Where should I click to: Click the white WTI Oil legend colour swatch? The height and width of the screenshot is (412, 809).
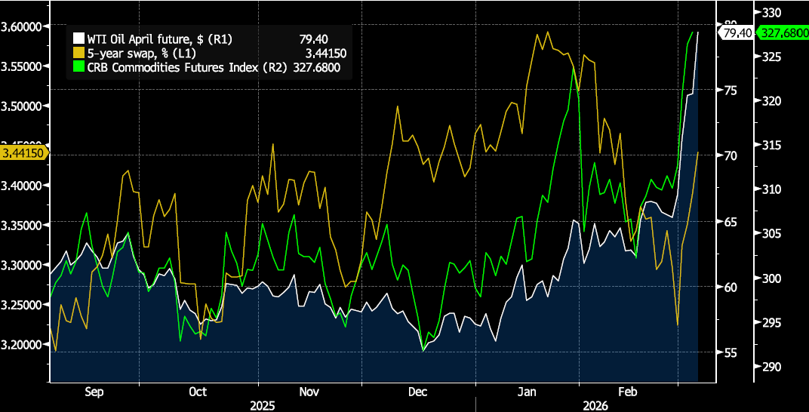click(76, 38)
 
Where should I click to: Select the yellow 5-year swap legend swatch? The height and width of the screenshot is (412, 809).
click(76, 53)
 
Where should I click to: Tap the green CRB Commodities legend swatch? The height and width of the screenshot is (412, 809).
click(76, 67)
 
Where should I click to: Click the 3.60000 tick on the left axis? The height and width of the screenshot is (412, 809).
click(23, 26)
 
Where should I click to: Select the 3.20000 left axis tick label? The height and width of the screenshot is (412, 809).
click(23, 344)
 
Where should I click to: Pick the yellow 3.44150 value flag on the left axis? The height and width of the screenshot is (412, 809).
click(23, 152)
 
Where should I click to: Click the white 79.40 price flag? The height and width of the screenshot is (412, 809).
click(737, 32)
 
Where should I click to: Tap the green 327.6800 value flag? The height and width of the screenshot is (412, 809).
click(781, 32)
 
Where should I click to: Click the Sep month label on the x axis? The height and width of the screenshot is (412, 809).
click(94, 392)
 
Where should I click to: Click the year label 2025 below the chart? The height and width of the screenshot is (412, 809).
click(262, 405)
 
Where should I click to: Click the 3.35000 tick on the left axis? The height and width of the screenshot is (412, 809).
click(23, 225)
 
